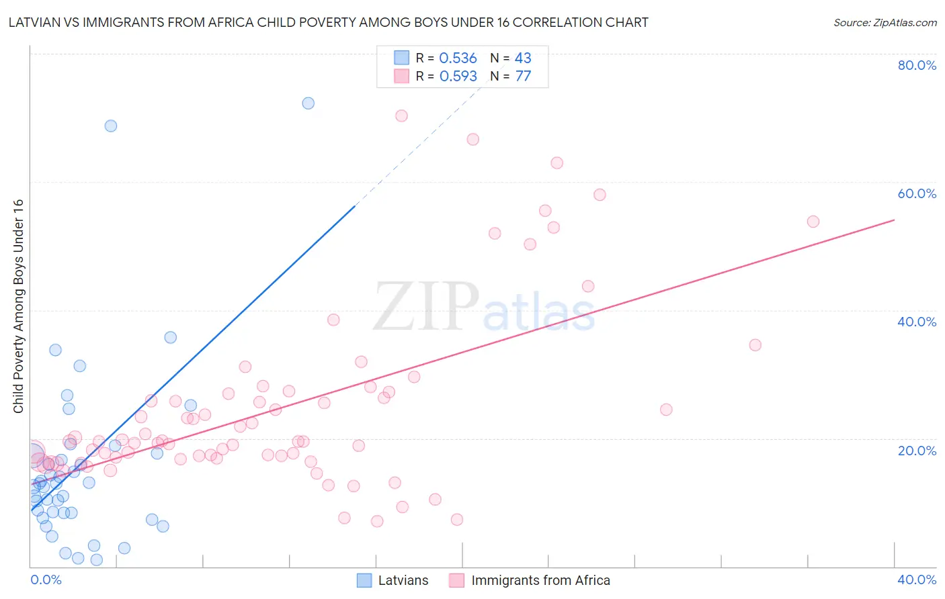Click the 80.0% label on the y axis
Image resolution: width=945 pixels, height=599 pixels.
pyautogui.click(x=917, y=65)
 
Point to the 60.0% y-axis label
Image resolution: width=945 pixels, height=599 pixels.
pyautogui.click(x=917, y=193)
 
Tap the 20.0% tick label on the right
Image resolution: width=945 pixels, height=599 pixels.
pyautogui.click(x=917, y=451)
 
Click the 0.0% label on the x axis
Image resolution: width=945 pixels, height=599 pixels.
pyautogui.click(x=46, y=580)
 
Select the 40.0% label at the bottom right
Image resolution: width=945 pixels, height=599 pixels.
pyautogui.click(x=917, y=580)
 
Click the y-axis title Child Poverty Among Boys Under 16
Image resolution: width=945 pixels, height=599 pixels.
pyautogui.click(x=19, y=306)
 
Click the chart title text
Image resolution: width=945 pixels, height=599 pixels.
pyautogui.click(x=328, y=22)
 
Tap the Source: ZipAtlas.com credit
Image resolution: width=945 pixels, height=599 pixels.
pyautogui.click(x=885, y=22)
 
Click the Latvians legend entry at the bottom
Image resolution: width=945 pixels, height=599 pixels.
pyautogui.click(x=403, y=580)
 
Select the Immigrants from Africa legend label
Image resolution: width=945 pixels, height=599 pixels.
pyautogui.click(x=540, y=580)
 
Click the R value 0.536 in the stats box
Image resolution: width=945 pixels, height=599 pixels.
pyautogui.click(x=458, y=58)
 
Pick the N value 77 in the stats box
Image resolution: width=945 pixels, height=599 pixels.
pyautogui.click(x=523, y=77)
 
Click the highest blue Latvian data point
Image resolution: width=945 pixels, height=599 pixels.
pyautogui.click(x=308, y=103)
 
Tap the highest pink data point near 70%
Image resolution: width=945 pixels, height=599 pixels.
pyautogui.click(x=401, y=116)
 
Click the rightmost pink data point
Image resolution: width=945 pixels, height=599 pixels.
pyautogui.click(x=813, y=222)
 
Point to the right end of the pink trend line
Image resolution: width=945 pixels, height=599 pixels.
pyautogui.click(x=894, y=220)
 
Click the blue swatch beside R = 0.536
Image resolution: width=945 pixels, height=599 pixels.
pyautogui.click(x=401, y=58)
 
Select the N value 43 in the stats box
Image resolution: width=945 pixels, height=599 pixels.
pyautogui.click(x=523, y=58)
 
